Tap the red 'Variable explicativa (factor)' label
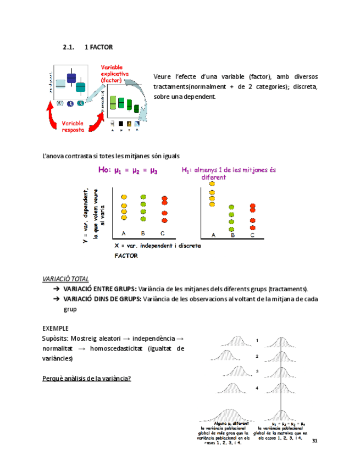click(114, 73)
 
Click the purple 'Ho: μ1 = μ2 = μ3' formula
click(128, 171)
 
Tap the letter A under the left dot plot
click(124, 233)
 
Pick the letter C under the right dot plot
click(252, 235)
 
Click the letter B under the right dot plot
click(232, 235)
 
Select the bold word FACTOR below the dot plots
click(126, 256)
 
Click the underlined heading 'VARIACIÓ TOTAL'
click(65, 279)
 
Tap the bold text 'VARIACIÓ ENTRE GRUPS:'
click(100, 289)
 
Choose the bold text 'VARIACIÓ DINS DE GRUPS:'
click(102, 299)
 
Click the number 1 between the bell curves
click(257, 341)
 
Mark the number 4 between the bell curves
click(257, 388)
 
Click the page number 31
click(314, 441)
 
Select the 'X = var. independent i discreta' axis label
click(157, 246)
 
